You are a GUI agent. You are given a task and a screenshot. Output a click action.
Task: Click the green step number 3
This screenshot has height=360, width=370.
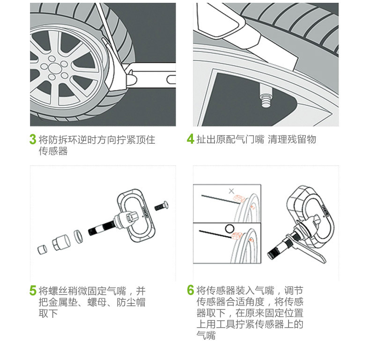coord(33,139)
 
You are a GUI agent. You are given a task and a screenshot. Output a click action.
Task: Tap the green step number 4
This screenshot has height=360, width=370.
coord(190,139)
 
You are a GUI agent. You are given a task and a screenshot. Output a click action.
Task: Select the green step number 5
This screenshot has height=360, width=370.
coord(33,290)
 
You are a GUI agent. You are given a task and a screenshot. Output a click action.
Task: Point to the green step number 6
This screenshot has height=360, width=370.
coord(190,290)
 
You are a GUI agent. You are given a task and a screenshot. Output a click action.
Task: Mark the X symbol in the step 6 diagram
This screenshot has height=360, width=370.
coord(231,191)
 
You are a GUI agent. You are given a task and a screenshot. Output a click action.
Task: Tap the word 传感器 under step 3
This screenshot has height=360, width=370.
coord(53,151)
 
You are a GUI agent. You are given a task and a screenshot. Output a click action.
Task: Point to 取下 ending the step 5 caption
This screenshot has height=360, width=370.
coord(48,314)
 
